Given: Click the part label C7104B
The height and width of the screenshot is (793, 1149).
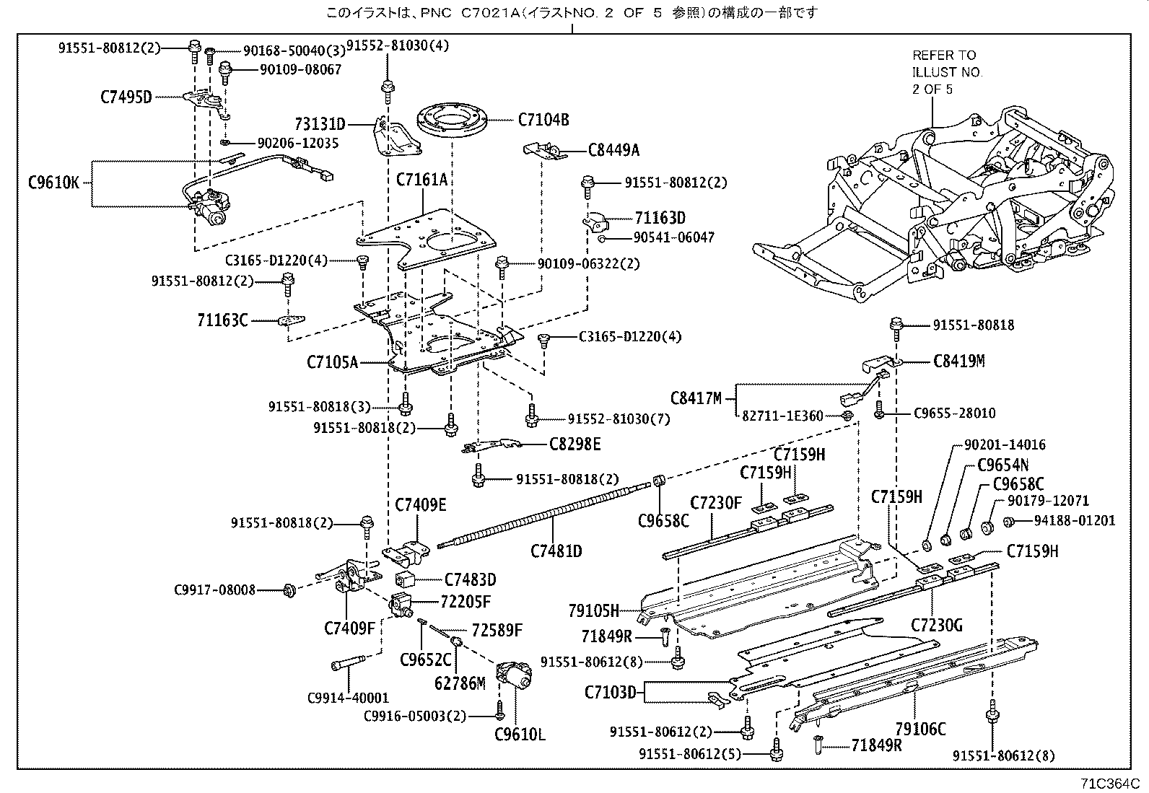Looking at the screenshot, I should (543, 120).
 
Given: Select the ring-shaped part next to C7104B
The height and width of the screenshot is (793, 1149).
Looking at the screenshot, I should (453, 121).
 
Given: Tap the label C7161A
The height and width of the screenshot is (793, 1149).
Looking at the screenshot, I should (421, 179).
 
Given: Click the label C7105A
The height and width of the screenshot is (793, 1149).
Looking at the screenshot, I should (332, 362).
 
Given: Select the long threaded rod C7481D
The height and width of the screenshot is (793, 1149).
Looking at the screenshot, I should (549, 513).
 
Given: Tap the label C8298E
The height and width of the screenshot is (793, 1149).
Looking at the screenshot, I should (574, 444).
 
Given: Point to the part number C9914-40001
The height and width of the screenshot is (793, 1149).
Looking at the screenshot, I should (348, 698).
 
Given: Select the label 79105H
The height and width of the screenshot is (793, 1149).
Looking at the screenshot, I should (593, 611).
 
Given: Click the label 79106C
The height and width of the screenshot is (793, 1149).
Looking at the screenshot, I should (919, 729).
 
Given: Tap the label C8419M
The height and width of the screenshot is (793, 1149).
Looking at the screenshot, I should (958, 361).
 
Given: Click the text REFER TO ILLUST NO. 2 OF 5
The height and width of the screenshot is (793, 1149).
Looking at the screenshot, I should (947, 72).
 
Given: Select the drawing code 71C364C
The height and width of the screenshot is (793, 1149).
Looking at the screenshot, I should (1109, 784).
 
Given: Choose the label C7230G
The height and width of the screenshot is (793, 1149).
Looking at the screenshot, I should (936, 626).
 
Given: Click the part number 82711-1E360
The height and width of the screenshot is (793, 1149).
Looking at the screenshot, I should (782, 416).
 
